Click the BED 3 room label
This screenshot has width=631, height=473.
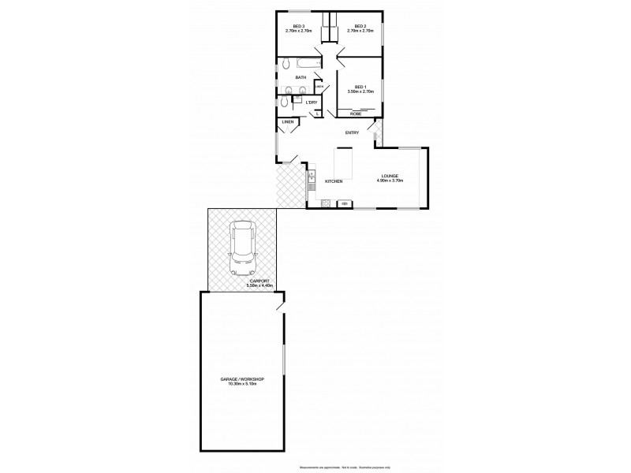(x=298, y=26)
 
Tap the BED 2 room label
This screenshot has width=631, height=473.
(x=360, y=26)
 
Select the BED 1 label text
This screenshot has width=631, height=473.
(x=360, y=86)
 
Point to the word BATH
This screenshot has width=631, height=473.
(x=301, y=77)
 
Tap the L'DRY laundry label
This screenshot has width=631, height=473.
(x=312, y=102)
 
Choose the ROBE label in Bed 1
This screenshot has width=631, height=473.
(x=356, y=114)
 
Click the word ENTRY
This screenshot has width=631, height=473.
(x=352, y=132)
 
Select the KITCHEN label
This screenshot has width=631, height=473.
(x=334, y=182)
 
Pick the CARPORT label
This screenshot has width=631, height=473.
(x=259, y=281)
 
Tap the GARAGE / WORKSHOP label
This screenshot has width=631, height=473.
(x=241, y=379)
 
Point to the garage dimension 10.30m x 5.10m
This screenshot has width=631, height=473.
(x=241, y=384)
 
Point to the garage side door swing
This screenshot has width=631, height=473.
(x=282, y=304)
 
